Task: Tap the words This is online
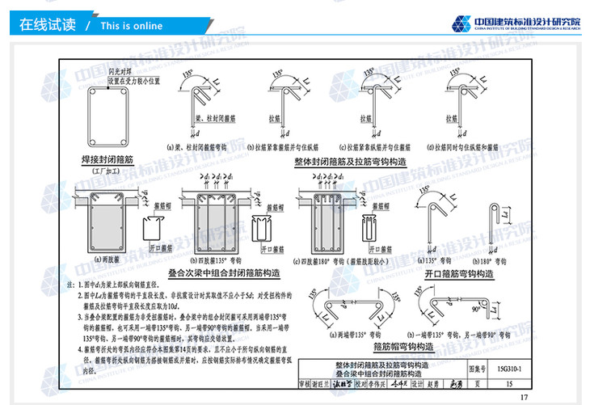131,26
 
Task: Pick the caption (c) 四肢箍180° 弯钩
331,261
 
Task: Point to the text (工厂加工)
104,171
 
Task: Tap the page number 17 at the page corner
523,396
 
